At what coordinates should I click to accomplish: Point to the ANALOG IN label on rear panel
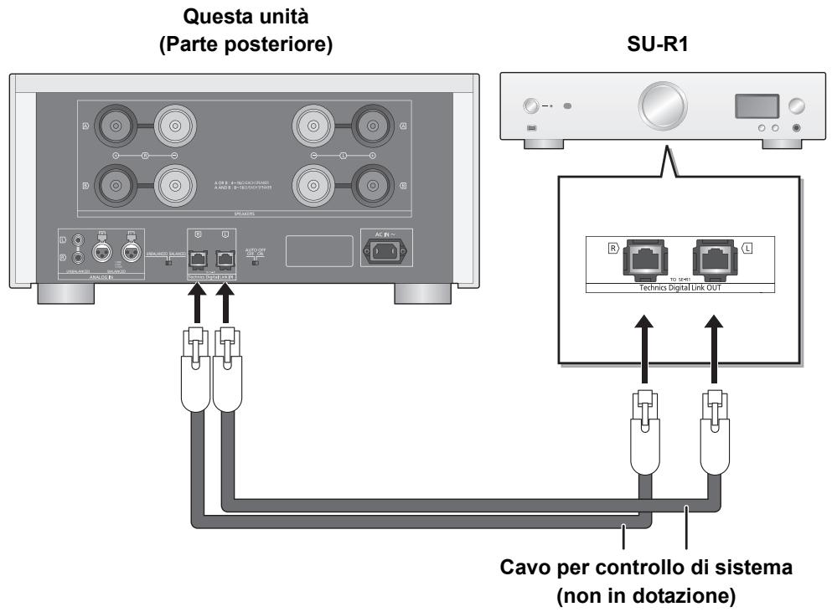pos(108,277)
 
